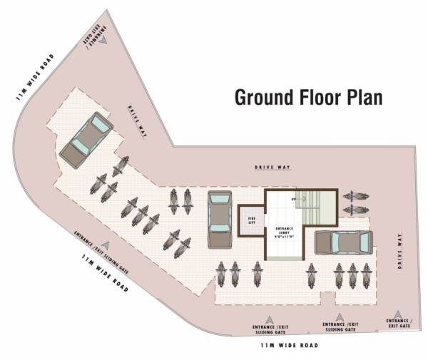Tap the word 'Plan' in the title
coord(365,98)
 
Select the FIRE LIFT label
coord(252,220)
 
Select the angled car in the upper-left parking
coord(86,138)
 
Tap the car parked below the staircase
coord(342,243)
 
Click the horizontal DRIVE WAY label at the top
coord(273,167)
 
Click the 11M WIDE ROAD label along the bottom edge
coord(289,345)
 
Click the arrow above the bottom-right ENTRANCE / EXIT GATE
coord(398,314)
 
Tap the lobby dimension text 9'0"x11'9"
coord(284,236)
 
